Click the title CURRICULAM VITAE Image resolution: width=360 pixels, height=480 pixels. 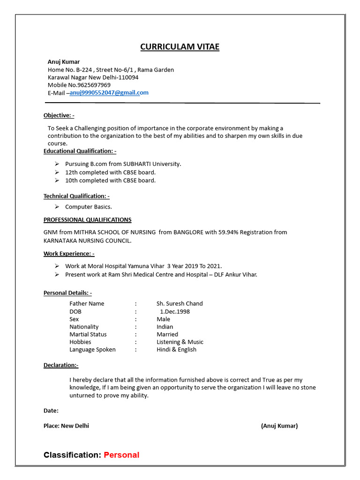(180, 47)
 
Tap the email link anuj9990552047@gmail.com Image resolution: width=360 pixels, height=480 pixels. (109, 93)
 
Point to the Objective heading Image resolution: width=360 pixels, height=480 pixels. (59, 115)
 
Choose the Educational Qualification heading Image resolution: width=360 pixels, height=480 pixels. (80, 151)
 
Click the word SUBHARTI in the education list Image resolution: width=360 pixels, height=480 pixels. (136, 164)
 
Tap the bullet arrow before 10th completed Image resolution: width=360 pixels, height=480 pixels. (56, 180)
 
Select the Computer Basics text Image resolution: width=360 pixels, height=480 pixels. (88, 207)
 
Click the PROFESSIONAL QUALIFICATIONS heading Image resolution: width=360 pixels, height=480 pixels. (87, 220)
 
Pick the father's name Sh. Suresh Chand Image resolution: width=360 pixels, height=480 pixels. (180, 304)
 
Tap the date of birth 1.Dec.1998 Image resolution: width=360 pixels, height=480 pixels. (175, 312)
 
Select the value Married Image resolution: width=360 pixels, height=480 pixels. (167, 335)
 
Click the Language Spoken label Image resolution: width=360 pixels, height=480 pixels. (92, 350)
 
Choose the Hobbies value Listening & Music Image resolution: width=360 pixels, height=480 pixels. (180, 342)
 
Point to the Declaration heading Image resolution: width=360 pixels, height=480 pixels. (61, 365)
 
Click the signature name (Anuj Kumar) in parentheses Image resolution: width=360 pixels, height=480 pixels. (279, 426)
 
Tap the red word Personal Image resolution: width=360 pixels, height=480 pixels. (121, 455)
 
